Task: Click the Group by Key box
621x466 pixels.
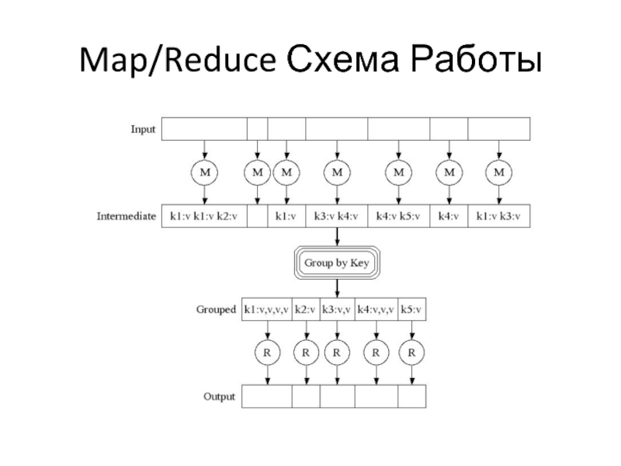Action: coord(335,263)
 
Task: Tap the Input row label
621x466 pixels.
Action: coord(142,129)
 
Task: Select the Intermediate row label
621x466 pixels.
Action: coord(127,216)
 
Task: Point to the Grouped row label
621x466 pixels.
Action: coord(215,309)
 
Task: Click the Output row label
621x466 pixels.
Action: coord(219,397)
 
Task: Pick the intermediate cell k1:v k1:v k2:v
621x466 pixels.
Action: coord(203,216)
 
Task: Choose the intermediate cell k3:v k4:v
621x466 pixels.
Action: coord(336,216)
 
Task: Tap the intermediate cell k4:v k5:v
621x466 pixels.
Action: coord(398,216)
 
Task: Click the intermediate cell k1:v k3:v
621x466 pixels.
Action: coord(498,216)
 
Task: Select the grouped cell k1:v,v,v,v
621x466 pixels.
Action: coord(266,309)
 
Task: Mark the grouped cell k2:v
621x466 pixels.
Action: coord(306,309)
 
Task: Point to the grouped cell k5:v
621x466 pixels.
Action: coord(412,309)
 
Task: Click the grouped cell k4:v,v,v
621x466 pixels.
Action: coord(376,309)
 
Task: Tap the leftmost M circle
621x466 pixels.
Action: coord(205,172)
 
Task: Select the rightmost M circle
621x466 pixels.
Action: coord(498,172)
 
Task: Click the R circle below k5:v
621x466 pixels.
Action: coord(412,353)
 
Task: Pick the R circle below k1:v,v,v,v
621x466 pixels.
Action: coord(267,353)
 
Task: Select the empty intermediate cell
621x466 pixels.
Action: coord(257,216)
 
